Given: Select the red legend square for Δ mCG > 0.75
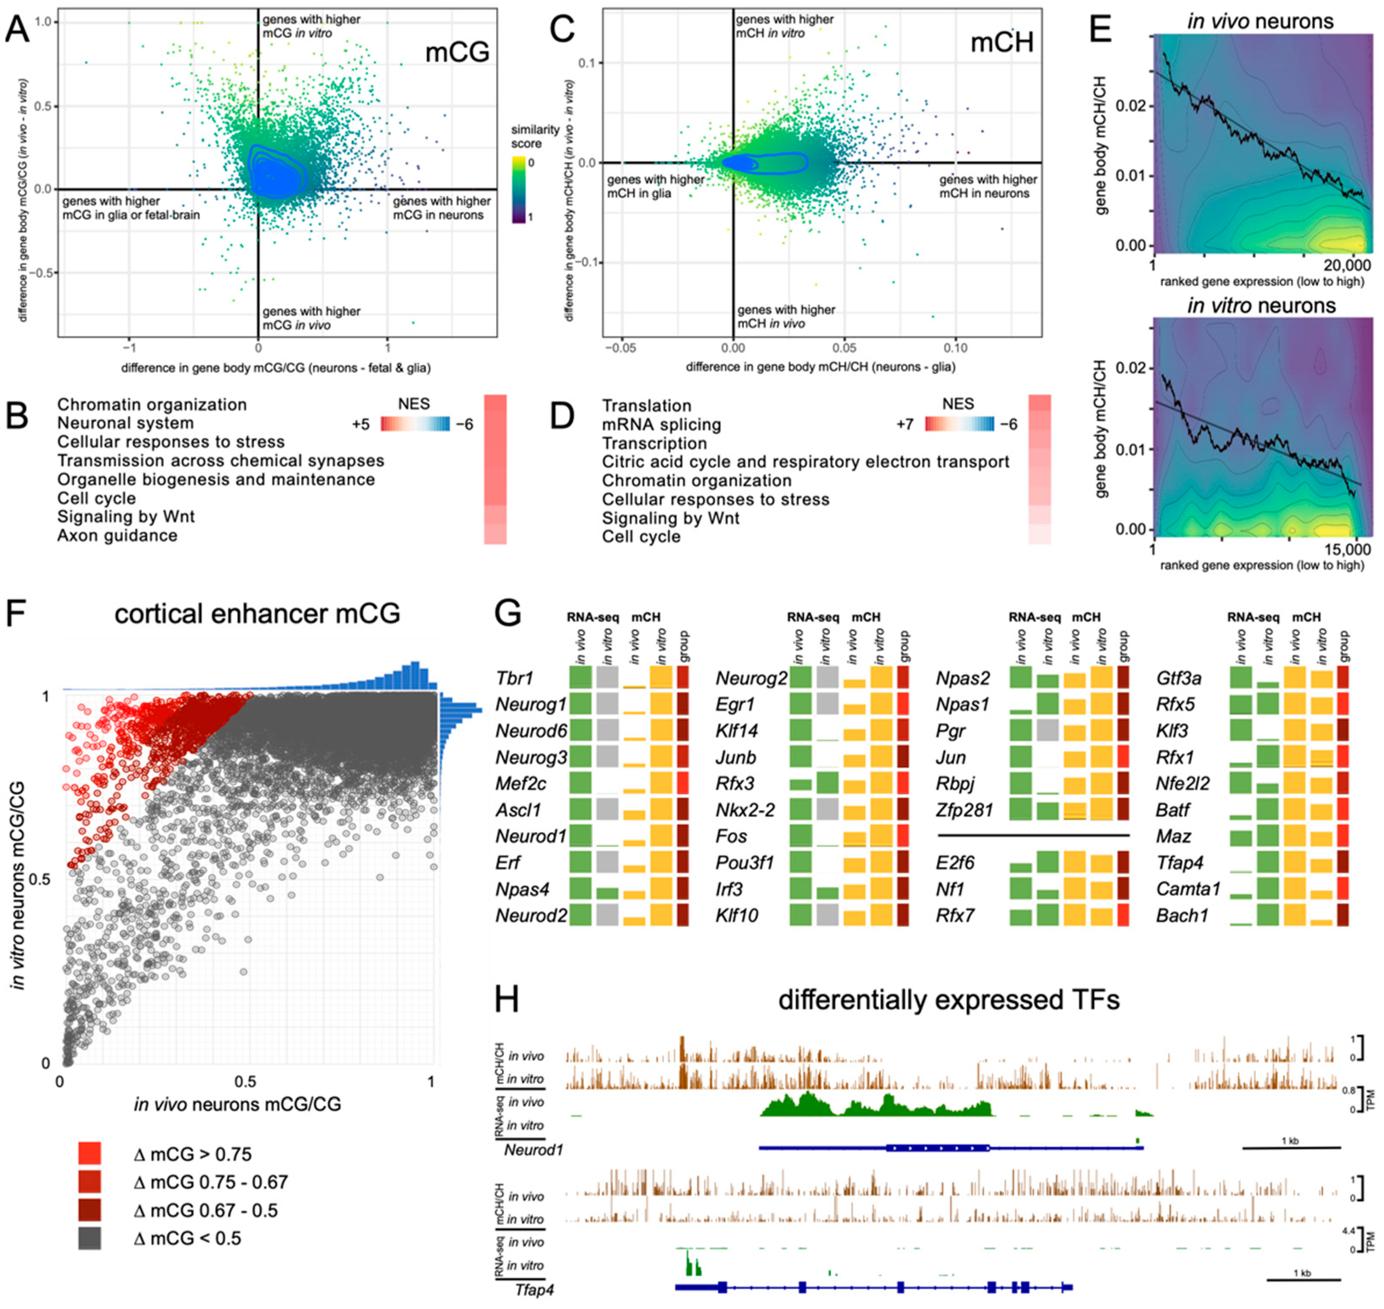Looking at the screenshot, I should coord(90,1153).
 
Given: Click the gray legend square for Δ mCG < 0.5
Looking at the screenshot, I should coord(90,1238).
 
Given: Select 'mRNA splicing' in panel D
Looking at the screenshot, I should coord(662,424).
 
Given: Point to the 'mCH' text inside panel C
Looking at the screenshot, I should coord(1002,43).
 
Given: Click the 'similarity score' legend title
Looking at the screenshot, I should coord(535,137).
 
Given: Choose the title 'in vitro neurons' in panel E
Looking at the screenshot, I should coord(1261,306).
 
